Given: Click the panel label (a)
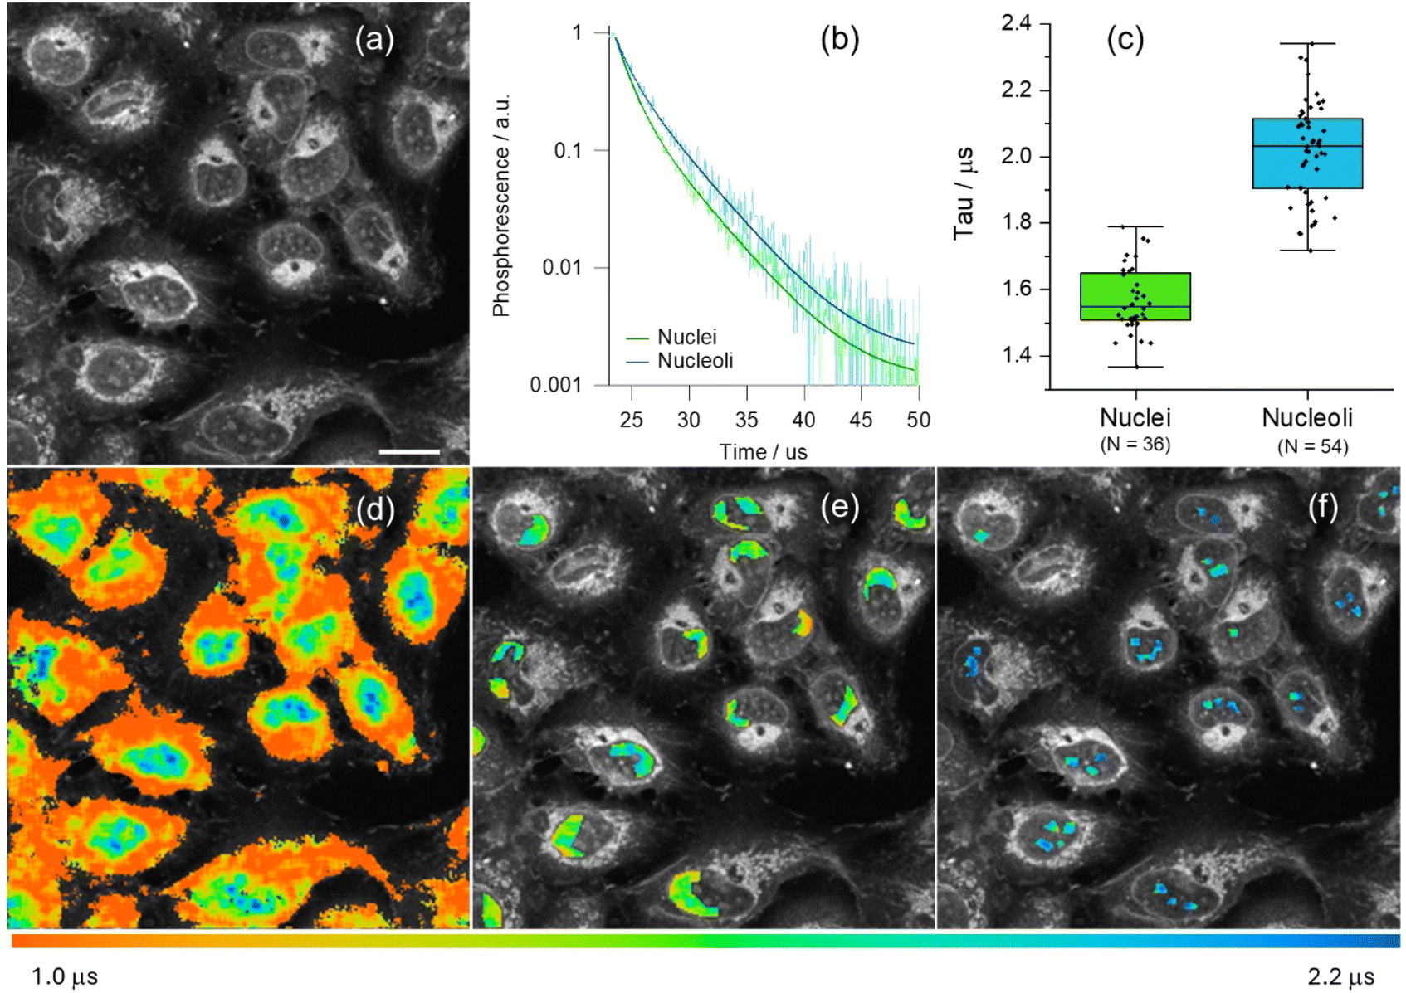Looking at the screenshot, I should point(374,39).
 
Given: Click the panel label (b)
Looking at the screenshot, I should point(839,39).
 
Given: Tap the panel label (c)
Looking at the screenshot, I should point(1125,39).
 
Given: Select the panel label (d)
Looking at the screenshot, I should point(374,509).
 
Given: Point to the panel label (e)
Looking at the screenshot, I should point(839,507).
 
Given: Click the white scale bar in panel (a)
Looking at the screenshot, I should point(409,452).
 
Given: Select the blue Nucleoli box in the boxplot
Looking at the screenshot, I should point(1307,153).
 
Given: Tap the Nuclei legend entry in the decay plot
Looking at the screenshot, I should point(686,337).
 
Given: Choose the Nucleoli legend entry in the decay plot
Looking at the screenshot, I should point(695,361).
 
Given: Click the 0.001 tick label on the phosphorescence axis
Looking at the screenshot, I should point(556,385).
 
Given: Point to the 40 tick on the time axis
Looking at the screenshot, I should point(803,420).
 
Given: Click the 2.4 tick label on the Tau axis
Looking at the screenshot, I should point(1016,23).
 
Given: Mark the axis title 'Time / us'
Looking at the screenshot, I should point(763,452).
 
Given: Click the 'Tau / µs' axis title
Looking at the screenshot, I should point(964,193).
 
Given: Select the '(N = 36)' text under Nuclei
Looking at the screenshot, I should point(1135,445).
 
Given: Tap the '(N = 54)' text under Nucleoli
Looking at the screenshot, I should point(1312,446).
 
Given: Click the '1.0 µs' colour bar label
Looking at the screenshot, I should point(65,976).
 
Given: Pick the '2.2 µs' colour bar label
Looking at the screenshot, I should point(1340,976).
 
